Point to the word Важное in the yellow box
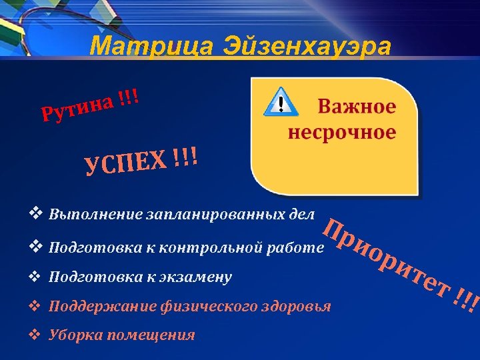coord(356,107)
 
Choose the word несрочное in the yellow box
coord(341,132)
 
